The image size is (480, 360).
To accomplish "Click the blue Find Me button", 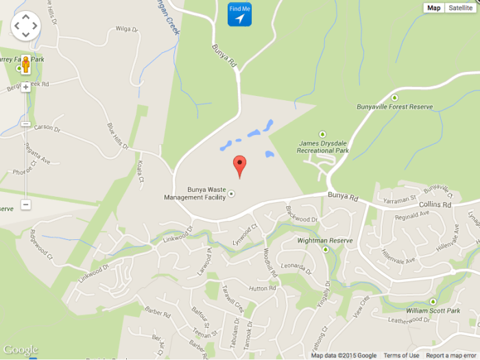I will [239, 14].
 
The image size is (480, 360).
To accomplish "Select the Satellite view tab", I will [461, 8].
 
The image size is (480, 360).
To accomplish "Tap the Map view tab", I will [433, 8].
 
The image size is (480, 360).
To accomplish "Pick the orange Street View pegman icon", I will [25, 65].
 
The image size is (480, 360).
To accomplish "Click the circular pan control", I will [26, 25].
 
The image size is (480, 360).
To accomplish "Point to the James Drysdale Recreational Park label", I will [324, 146].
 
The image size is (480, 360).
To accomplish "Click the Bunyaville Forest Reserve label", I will [395, 107].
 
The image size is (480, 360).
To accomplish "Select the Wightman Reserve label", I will [324, 241].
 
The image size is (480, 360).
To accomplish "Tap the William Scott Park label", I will [432, 311].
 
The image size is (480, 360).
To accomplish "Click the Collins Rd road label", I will [435, 204].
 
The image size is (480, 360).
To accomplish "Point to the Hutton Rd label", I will [262, 289].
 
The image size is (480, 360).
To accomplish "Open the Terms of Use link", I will [401, 355].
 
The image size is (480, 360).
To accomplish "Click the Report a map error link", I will [451, 355].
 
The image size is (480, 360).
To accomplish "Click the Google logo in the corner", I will [20, 350].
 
